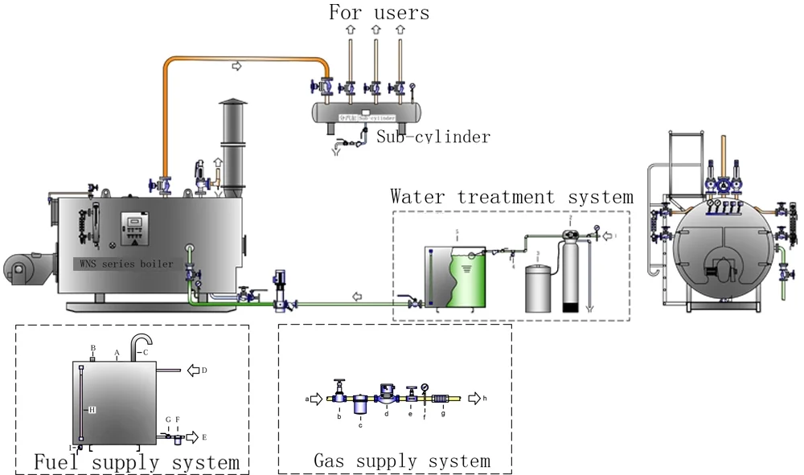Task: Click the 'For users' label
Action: [379, 12]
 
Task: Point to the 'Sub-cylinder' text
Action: [433, 137]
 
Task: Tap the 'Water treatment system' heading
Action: [511, 196]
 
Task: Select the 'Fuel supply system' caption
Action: [136, 462]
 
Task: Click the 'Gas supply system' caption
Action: [401, 461]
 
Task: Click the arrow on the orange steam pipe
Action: [236, 65]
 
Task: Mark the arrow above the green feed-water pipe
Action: [358, 296]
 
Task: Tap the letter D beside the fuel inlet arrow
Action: [204, 371]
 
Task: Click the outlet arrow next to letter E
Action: [193, 437]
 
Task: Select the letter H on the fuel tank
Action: [92, 410]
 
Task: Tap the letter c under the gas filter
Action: [360, 425]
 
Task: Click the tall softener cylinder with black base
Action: [570, 273]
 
